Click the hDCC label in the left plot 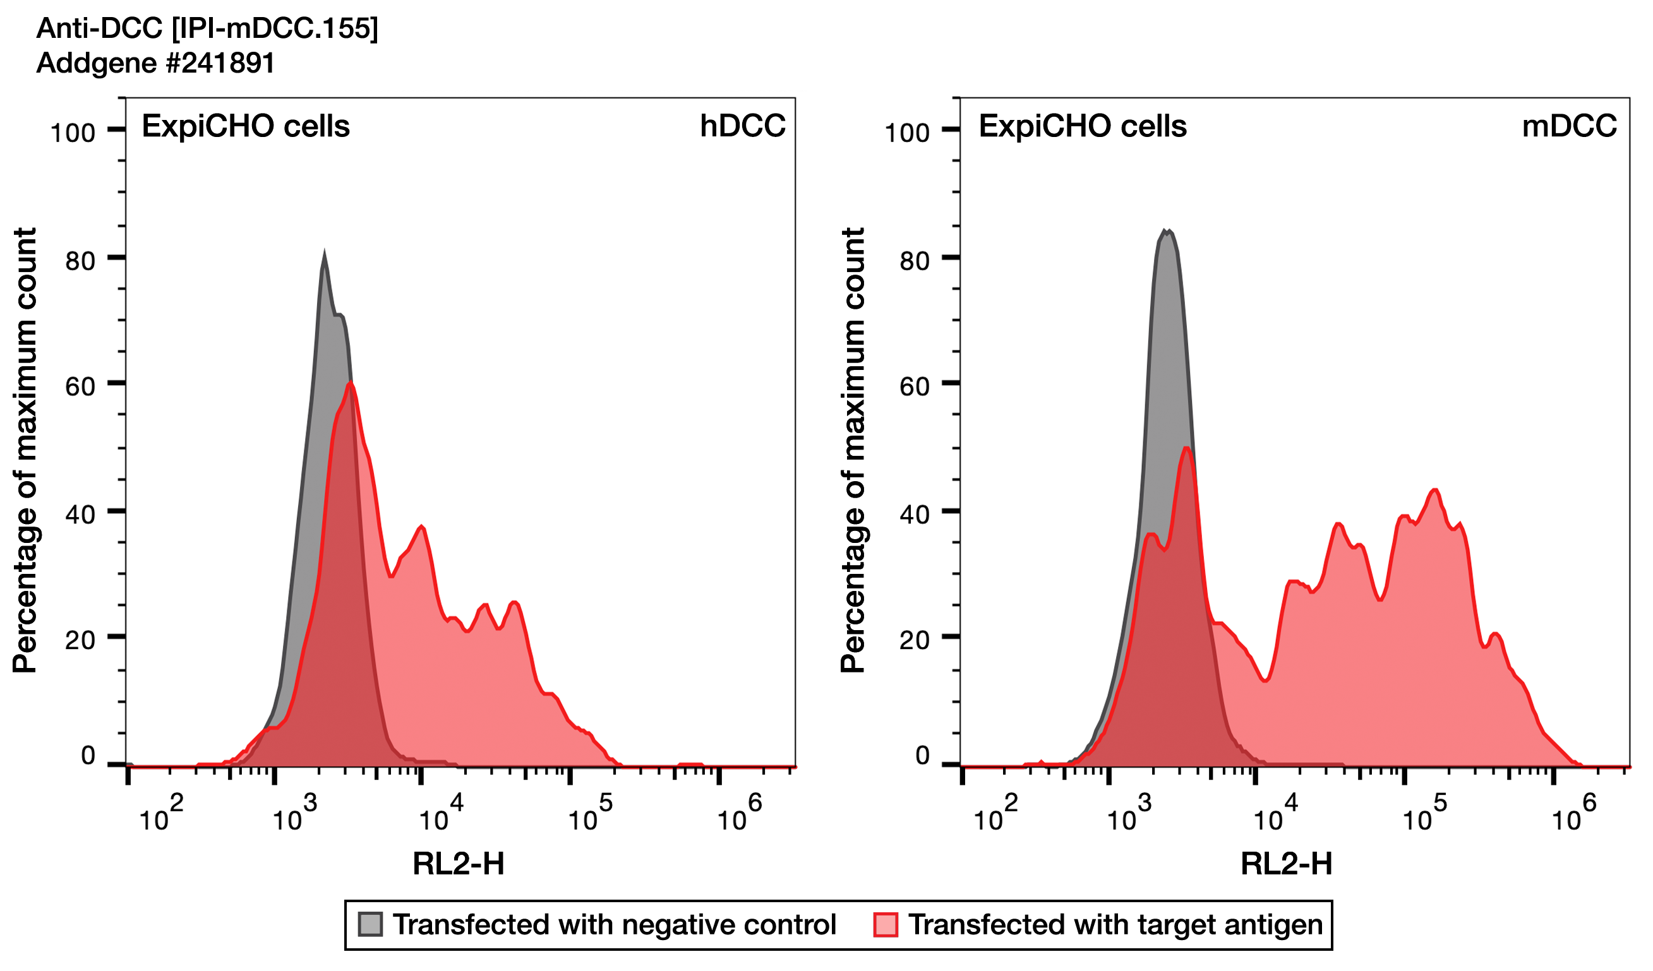[743, 126]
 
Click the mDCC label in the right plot [1569, 126]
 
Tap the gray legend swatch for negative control [370, 924]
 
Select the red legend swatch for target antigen [886, 924]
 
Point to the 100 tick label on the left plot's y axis [73, 133]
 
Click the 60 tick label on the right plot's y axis [915, 387]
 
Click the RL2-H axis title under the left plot [459, 864]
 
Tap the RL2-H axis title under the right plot [1286, 864]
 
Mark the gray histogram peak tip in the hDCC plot [324, 253]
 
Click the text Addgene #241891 [155, 63]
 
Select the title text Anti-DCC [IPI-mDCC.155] [207, 28]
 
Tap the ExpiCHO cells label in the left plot [246, 126]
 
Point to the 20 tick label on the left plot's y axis [80, 641]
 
